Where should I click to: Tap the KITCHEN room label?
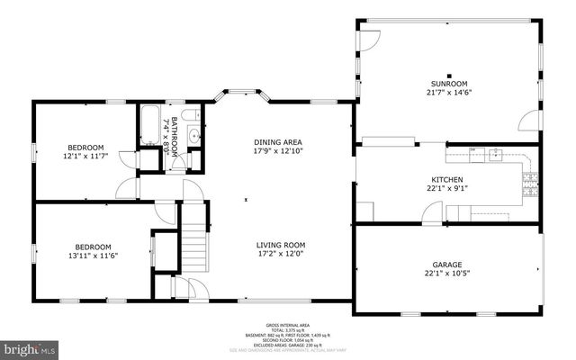pyautogui.click(x=446, y=179)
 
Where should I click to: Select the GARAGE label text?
pyautogui.click(x=446, y=265)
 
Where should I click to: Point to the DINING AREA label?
pyautogui.click(x=277, y=141)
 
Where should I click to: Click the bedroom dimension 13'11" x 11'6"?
pyautogui.click(x=93, y=256)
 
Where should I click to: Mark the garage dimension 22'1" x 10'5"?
pyautogui.click(x=446, y=274)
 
